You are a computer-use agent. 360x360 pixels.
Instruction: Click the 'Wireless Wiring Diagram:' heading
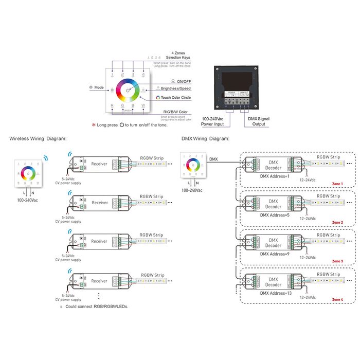click(x=38, y=138)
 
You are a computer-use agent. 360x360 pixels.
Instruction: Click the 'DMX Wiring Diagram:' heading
click(x=205, y=138)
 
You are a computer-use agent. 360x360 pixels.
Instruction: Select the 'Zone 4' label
click(x=337, y=299)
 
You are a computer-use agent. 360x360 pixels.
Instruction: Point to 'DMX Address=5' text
click(x=275, y=214)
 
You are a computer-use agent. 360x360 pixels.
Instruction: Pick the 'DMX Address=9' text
click(x=275, y=254)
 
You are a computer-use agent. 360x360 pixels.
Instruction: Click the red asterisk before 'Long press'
click(x=94, y=125)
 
